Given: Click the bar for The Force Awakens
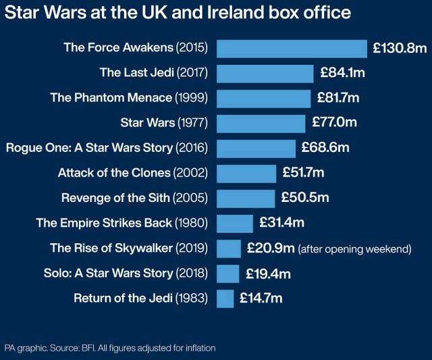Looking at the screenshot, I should (292, 48).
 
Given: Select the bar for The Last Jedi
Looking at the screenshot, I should (265, 73).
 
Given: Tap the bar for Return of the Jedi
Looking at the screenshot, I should (225, 298).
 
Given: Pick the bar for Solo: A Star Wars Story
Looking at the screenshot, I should (227, 274).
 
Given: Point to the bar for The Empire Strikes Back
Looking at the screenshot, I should (234, 223).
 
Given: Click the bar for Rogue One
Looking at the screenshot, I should (256, 148).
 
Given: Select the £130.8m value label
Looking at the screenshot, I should (400, 48).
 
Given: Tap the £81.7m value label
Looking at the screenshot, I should (338, 98).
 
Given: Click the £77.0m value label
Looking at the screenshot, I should (334, 123).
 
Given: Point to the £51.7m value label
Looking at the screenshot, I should (302, 173).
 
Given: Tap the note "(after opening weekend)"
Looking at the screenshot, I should (354, 249).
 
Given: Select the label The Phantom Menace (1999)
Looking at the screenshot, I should (129, 98).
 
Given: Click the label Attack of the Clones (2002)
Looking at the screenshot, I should (133, 173).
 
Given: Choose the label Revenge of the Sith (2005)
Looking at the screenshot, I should (134, 198).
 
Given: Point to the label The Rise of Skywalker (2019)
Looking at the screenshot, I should (129, 248).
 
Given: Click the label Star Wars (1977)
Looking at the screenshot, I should (164, 123).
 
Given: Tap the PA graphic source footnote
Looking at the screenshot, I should (109, 348).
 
